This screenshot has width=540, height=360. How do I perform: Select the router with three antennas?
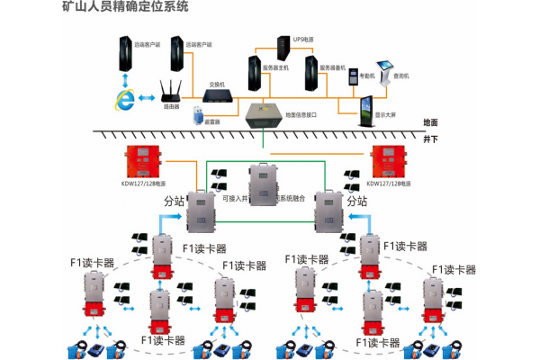point(171,91)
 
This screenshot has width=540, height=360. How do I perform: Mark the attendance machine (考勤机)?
point(354,75)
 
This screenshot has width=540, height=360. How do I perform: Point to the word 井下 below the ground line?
point(430,140)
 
